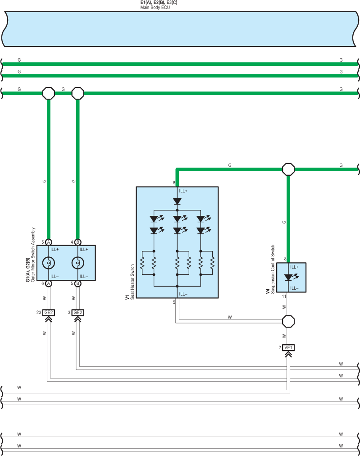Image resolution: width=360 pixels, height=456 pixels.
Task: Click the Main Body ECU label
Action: tap(155, 7)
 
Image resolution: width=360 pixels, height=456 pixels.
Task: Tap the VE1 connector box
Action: tap(288, 347)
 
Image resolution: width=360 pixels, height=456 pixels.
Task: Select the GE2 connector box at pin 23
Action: tap(49, 312)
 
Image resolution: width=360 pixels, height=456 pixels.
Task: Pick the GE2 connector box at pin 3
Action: tap(77, 312)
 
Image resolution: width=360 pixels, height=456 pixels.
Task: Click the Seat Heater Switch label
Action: tap(132, 282)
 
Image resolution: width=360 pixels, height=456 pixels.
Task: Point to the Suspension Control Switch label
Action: tap(273, 269)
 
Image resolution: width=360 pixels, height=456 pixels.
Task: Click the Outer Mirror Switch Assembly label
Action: tap(33, 255)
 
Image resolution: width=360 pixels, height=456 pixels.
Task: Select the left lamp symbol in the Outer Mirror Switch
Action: tap(49, 263)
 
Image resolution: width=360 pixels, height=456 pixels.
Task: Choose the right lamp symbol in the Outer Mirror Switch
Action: tap(77, 263)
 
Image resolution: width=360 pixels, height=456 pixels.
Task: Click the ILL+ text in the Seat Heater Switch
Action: tap(183, 191)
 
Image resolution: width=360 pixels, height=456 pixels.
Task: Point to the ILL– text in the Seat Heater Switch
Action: tap(183, 294)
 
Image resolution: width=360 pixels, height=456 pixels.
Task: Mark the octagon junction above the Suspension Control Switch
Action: tap(288, 169)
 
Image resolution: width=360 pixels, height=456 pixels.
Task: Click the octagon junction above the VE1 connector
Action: tap(288, 321)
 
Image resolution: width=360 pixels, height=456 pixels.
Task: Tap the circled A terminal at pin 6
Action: tap(49, 283)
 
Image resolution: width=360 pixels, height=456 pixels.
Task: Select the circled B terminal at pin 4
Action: tap(77, 242)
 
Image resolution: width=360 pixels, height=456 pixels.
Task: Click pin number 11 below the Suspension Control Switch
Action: tap(284, 296)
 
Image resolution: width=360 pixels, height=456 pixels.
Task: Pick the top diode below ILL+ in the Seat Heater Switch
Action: tap(177, 201)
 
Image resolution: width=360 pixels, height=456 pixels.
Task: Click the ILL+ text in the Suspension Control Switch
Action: tap(294, 267)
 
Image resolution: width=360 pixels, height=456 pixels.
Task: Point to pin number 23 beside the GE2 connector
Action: tap(39, 312)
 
